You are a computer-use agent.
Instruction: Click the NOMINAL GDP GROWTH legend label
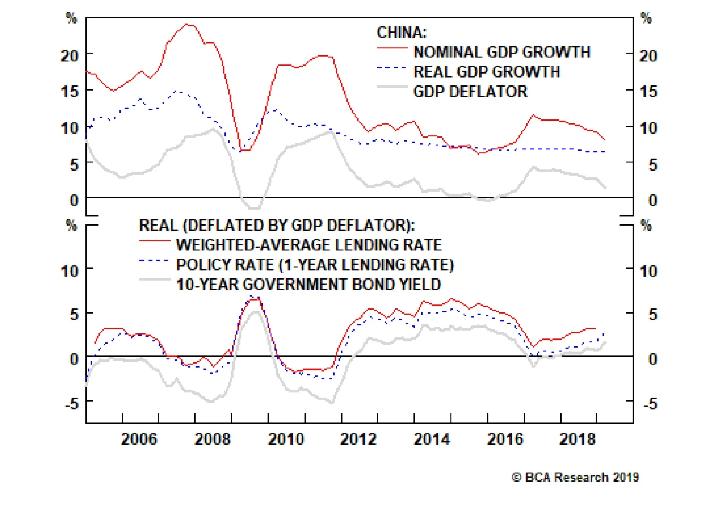point(501,52)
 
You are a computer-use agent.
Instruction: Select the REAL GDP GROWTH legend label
point(486,72)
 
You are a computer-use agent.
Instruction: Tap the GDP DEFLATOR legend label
point(470,92)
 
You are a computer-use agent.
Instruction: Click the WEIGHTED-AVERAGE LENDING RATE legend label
point(309,245)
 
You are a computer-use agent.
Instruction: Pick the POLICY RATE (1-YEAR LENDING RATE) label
point(315,265)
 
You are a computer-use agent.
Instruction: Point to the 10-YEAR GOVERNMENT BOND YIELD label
point(308,285)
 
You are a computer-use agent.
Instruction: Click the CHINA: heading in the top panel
point(401,32)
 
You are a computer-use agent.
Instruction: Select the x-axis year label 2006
point(139,439)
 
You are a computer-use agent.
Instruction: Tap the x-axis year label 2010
point(286,439)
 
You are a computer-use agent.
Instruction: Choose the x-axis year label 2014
point(432,439)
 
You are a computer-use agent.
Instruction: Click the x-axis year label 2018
point(578,439)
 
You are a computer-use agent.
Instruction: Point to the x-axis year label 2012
point(358,439)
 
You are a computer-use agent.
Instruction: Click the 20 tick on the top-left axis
point(70,56)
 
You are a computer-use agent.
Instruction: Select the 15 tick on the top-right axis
point(648,92)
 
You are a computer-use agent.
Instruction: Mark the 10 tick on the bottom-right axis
point(648,271)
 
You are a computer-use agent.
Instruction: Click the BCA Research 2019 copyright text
point(575,477)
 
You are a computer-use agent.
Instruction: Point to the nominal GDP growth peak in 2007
point(188,25)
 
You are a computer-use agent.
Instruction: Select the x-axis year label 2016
point(505,439)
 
